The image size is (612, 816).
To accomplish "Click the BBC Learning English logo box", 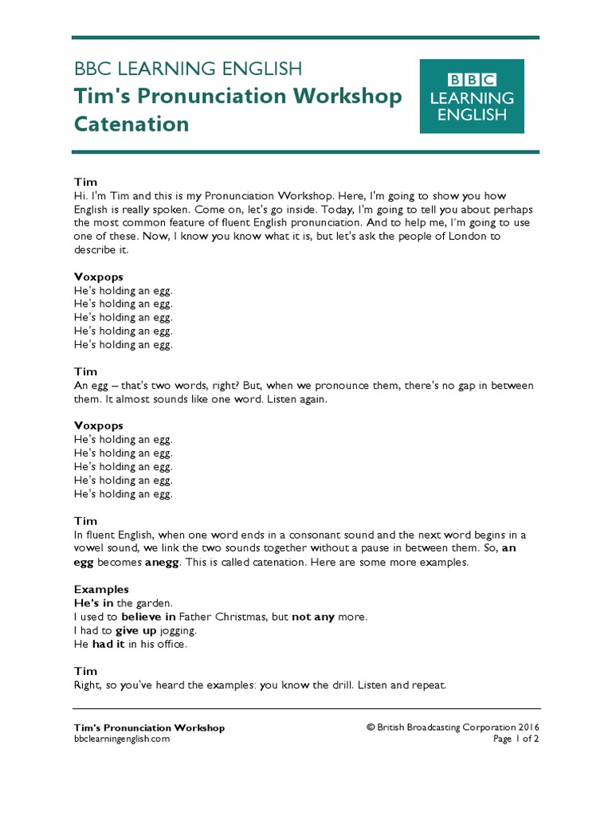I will tap(472, 96).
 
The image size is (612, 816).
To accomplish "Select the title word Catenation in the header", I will tap(131, 124).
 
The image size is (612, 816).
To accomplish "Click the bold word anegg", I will tap(166, 562).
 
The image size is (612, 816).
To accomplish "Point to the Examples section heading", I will tap(101, 590).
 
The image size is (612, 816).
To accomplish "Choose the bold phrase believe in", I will tap(148, 617).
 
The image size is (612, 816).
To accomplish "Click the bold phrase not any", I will tap(313, 617).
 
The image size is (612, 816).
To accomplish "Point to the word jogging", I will tap(179, 630).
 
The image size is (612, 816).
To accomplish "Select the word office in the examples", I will tap(171, 644).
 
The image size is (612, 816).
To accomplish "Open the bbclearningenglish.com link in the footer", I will tap(121, 739).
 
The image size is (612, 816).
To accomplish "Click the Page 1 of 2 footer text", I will tap(516, 739).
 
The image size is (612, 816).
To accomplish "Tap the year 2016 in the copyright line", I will tap(528, 727).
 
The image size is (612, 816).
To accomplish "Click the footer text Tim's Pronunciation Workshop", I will tap(149, 727).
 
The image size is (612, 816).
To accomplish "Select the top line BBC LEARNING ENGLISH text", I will tap(188, 69).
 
